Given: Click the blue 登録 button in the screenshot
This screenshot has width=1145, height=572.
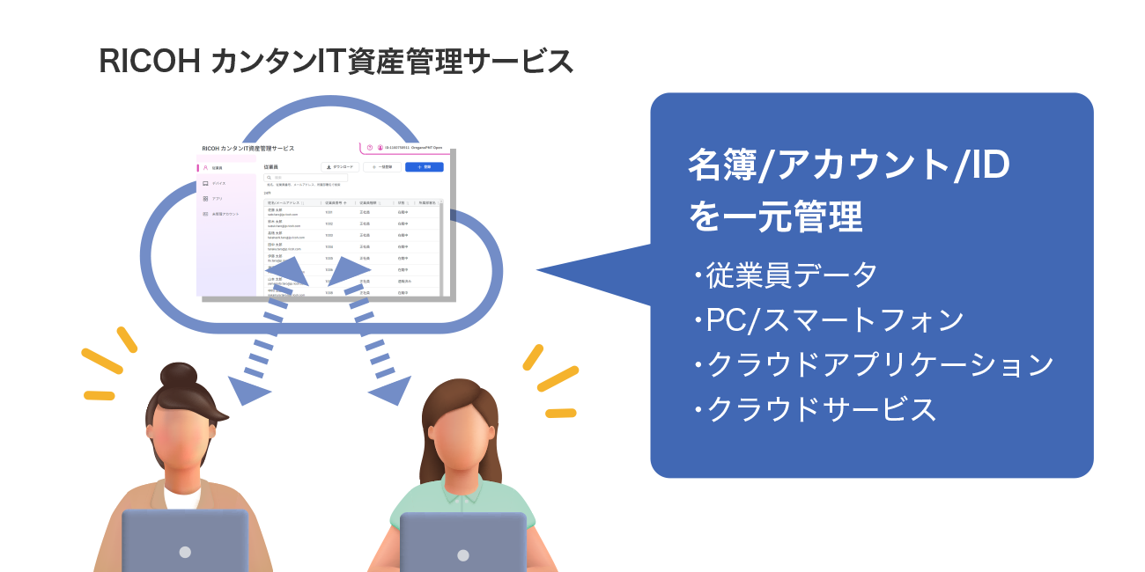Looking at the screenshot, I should click(425, 166).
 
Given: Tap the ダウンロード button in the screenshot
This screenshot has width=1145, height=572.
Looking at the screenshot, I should click(339, 166).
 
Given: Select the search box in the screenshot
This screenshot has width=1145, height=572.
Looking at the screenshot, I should click(307, 178).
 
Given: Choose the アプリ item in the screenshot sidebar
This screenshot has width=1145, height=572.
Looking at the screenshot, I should click(216, 199).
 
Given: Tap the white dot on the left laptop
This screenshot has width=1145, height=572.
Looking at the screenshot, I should click(185, 552).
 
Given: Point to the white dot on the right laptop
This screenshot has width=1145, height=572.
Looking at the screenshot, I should click(463, 554).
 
